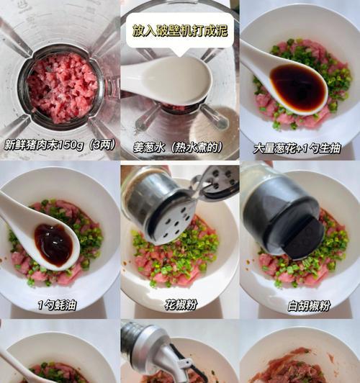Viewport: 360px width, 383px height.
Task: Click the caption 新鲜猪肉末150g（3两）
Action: [x=60, y=145]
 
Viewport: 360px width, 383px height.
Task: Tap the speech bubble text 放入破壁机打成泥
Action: [x=180, y=30]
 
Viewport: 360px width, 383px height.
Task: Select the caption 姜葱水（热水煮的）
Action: [x=178, y=148]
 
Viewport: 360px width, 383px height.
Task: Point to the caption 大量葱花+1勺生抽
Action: [x=297, y=148]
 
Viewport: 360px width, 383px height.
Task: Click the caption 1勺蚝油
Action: [x=57, y=305]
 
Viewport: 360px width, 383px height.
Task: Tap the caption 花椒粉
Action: [x=181, y=305]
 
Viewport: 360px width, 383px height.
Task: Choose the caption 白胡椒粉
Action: [x=309, y=306]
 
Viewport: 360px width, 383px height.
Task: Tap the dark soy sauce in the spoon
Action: [x=297, y=86]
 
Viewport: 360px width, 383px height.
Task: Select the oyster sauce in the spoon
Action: [x=53, y=244]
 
